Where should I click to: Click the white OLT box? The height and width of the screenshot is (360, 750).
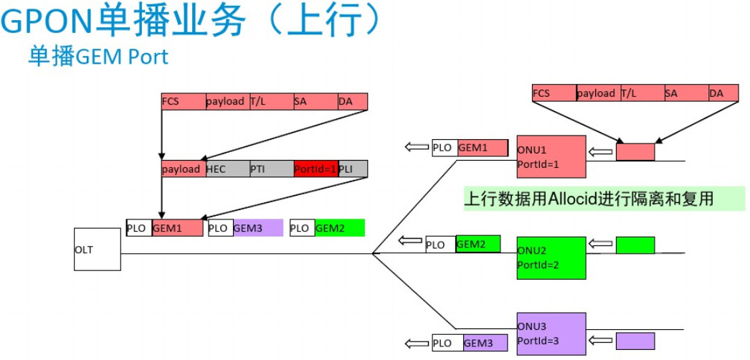point(98,250)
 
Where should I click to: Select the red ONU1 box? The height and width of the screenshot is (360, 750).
point(551,156)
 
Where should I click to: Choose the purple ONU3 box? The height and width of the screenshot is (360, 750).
point(551,333)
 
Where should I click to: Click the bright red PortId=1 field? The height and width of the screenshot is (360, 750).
point(315,169)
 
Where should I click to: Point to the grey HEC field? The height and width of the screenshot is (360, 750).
point(227,169)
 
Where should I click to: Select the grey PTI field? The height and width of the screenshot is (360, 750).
point(271,169)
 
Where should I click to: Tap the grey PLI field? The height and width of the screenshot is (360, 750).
point(353,169)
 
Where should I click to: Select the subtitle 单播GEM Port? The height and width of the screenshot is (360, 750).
point(98,56)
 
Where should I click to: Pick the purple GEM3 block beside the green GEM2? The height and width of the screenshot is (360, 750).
point(257,228)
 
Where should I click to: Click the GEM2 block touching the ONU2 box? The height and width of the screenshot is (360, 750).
point(478,244)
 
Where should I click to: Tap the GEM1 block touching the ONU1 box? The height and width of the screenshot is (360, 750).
point(485,148)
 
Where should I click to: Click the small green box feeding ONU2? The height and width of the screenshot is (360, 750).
point(635,245)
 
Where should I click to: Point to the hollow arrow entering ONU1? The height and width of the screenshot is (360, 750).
point(600,152)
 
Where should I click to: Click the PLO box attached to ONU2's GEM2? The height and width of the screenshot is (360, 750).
point(440,245)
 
